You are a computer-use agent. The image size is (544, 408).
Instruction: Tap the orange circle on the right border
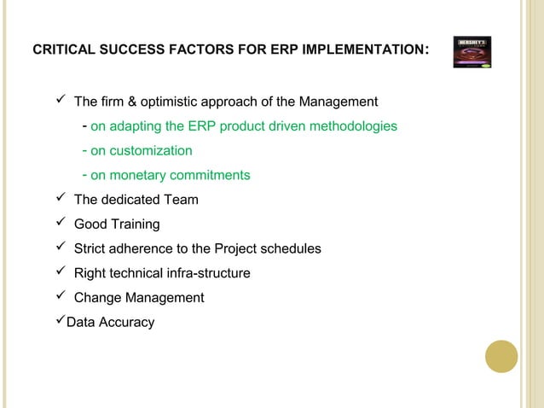tap(501, 356)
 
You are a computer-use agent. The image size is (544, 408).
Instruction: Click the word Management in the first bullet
tap(337, 102)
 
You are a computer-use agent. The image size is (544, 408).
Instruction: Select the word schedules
tap(290, 249)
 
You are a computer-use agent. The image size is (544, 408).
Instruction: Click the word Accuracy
tap(126, 323)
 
